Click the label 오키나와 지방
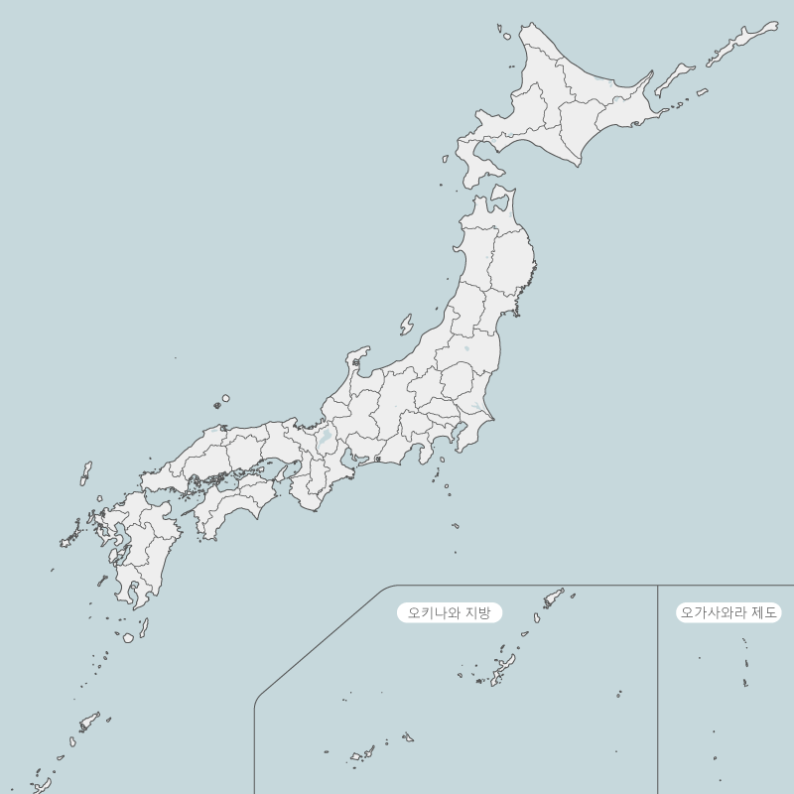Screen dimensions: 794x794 [450, 612]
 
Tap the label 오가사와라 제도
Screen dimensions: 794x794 [729, 612]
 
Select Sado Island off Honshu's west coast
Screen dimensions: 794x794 [406, 325]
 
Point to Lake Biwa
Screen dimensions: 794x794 [326, 435]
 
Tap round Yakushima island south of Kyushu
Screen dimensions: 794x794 [128, 637]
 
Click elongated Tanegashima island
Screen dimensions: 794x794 [144, 627]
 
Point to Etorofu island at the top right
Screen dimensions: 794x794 [739, 46]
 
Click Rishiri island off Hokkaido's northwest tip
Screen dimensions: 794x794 [506, 37]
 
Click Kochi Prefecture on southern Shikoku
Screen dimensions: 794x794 [233, 506]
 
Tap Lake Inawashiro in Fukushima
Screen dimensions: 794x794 [466, 348]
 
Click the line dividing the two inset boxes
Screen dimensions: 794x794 [657, 695]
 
